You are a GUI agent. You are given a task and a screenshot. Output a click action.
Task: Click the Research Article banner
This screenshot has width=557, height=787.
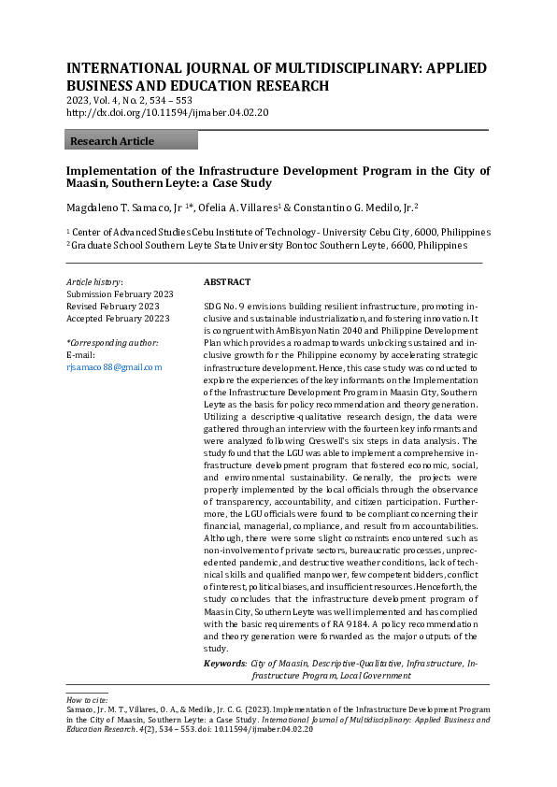[131, 141]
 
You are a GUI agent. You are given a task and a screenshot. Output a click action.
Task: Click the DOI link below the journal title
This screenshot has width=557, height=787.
[167, 113]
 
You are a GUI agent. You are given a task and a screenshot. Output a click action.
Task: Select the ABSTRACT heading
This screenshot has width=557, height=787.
[226, 281]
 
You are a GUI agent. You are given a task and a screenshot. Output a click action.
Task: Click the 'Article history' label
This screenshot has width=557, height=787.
[94, 281]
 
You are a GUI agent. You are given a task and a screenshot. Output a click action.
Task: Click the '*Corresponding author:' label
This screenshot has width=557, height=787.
[111, 342]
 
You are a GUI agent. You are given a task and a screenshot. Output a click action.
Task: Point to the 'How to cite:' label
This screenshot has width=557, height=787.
[87, 699]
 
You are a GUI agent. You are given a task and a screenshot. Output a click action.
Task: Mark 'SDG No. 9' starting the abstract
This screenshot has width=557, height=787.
[225, 307]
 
